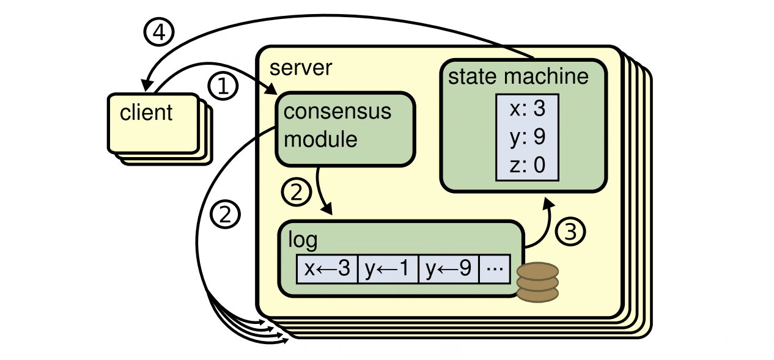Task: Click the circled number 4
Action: coord(158,32)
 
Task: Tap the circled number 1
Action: coord(223,86)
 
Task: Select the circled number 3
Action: coord(570,231)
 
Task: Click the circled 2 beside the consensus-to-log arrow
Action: coord(296,192)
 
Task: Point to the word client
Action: coord(146,112)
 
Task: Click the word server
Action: coord(301,68)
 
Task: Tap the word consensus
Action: coord(337,111)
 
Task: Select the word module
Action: coord(320,139)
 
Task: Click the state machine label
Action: coord(518,76)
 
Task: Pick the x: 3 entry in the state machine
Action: coord(527,108)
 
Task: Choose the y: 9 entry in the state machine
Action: coord(527,137)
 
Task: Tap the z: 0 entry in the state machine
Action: coord(527,165)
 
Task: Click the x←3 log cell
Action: coord(327,269)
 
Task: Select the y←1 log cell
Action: coord(388,269)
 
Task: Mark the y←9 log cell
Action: coord(449,269)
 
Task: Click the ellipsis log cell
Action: coord(495,269)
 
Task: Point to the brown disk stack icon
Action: coord(537,282)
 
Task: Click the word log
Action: coord(303,240)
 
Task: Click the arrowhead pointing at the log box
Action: coord(327,210)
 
